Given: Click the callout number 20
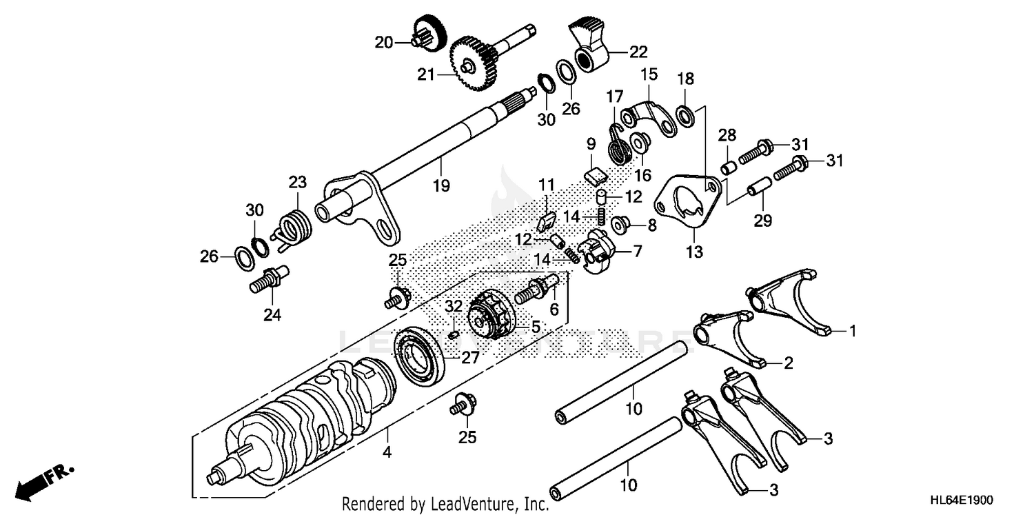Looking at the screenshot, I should (383, 43).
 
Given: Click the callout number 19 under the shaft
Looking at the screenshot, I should (441, 185).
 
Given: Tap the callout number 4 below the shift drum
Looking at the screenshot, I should (387, 453).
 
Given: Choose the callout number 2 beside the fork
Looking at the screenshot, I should (788, 364).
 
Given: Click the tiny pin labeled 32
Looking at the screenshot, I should (453, 335).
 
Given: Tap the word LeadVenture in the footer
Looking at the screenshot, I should (474, 504).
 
